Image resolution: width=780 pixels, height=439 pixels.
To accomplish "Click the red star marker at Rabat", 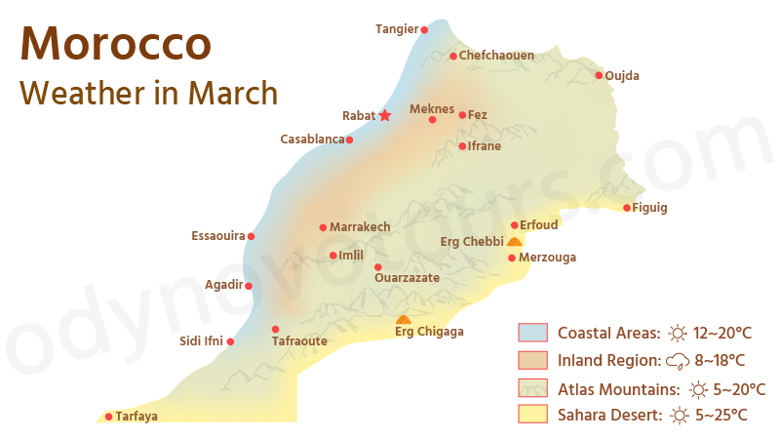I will click(x=384, y=115).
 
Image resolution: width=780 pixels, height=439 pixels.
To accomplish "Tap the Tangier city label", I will click(x=396, y=29).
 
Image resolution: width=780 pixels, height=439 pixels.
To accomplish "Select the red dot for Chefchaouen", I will click(x=453, y=56).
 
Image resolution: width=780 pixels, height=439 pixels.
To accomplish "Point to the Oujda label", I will click(x=622, y=75).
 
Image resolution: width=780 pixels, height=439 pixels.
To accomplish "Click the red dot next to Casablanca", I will click(x=349, y=140).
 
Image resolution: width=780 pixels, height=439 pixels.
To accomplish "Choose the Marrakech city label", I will click(x=360, y=227).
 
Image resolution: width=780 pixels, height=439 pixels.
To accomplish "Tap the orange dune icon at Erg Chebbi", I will click(x=514, y=241).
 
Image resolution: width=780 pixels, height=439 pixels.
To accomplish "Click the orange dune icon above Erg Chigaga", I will click(x=404, y=319).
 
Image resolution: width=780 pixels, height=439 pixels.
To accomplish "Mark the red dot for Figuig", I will click(x=627, y=207).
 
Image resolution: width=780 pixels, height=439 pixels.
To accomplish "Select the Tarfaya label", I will click(x=136, y=417).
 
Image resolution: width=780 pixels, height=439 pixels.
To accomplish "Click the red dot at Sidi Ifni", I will click(x=231, y=341).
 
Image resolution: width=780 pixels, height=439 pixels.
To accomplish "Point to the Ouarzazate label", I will click(x=407, y=278).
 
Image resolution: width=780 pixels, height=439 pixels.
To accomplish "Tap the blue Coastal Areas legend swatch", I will click(x=532, y=333).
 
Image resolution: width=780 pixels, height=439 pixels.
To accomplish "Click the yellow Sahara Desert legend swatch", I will click(x=532, y=415).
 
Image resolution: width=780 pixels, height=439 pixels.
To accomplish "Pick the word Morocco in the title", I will click(x=115, y=44).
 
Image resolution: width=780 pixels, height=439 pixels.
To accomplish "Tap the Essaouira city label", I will click(x=218, y=236).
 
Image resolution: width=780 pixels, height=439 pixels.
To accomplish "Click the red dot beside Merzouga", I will click(x=512, y=258).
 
